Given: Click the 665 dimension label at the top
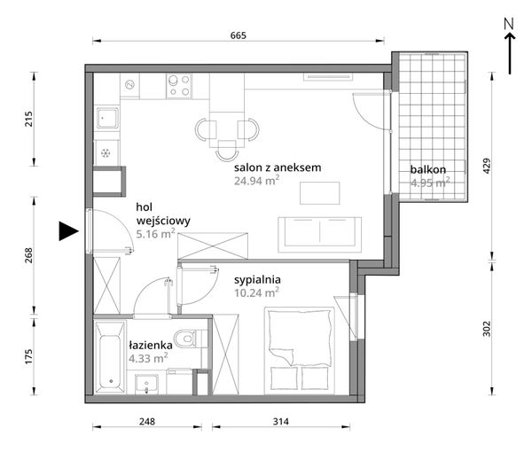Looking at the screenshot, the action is coord(239,35).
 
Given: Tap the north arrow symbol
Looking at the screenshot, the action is coord(509,46).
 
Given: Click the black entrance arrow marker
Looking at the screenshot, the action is coord(68,231).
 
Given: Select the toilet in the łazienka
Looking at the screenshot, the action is coord(188,338).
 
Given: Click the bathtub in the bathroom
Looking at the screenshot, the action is coord(110,357).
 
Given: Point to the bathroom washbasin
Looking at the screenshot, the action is coord(146,384).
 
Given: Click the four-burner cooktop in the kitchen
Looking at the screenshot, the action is coord(179,86).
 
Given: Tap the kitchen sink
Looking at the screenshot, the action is coord(107,119).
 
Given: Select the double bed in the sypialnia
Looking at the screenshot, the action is coord(300,351).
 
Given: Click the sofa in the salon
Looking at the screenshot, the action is coord(319,235).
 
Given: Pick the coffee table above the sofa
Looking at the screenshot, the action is coord(319,193).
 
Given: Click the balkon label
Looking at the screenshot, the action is coord(428,169).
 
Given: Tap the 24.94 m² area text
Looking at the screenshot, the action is coord(257,181).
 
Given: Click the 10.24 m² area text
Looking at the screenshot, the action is coord(257,292).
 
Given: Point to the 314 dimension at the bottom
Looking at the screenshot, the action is coord(281,422).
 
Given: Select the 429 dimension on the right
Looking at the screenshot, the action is coord(487,166).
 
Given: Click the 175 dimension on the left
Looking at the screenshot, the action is coord(28,356).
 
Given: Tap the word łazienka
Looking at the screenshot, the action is coord(151,346).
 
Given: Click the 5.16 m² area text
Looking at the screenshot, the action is coord(156,234).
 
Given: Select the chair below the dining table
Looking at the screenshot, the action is coord(227,150).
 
